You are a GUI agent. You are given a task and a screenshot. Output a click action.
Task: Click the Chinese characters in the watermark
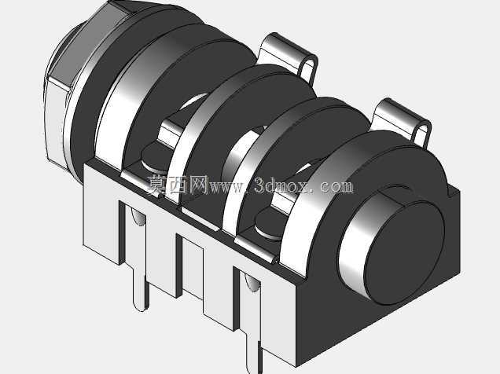(178, 185)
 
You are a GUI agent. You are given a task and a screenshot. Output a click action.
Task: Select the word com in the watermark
(336, 187)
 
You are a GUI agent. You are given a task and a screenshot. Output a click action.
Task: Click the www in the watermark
(227, 188)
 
